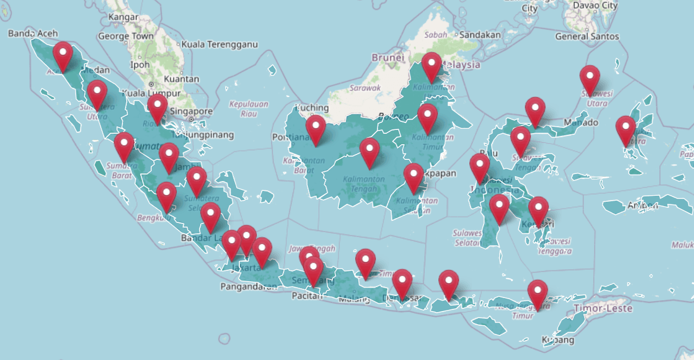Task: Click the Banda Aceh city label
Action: click(x=33, y=34)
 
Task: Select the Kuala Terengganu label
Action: click(x=220, y=45)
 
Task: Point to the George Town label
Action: click(x=126, y=36)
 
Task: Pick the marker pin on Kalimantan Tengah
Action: click(x=369, y=152)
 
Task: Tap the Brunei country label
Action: click(x=388, y=58)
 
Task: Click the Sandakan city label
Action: click(x=480, y=35)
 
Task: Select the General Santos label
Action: click(x=587, y=36)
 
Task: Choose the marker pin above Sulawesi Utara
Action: click(x=590, y=79)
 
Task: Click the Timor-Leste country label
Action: click(x=603, y=308)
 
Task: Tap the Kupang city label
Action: click(x=557, y=340)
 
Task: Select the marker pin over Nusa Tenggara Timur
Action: click(x=537, y=294)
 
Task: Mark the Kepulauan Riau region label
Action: click(x=249, y=108)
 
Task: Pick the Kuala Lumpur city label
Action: click(x=151, y=93)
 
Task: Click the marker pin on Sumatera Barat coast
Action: click(x=124, y=146)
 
